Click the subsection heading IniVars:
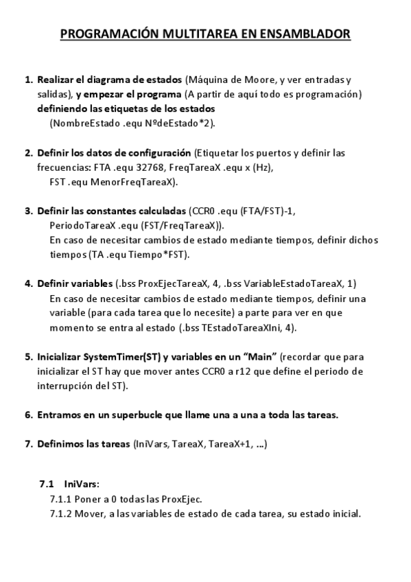[81, 484]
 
